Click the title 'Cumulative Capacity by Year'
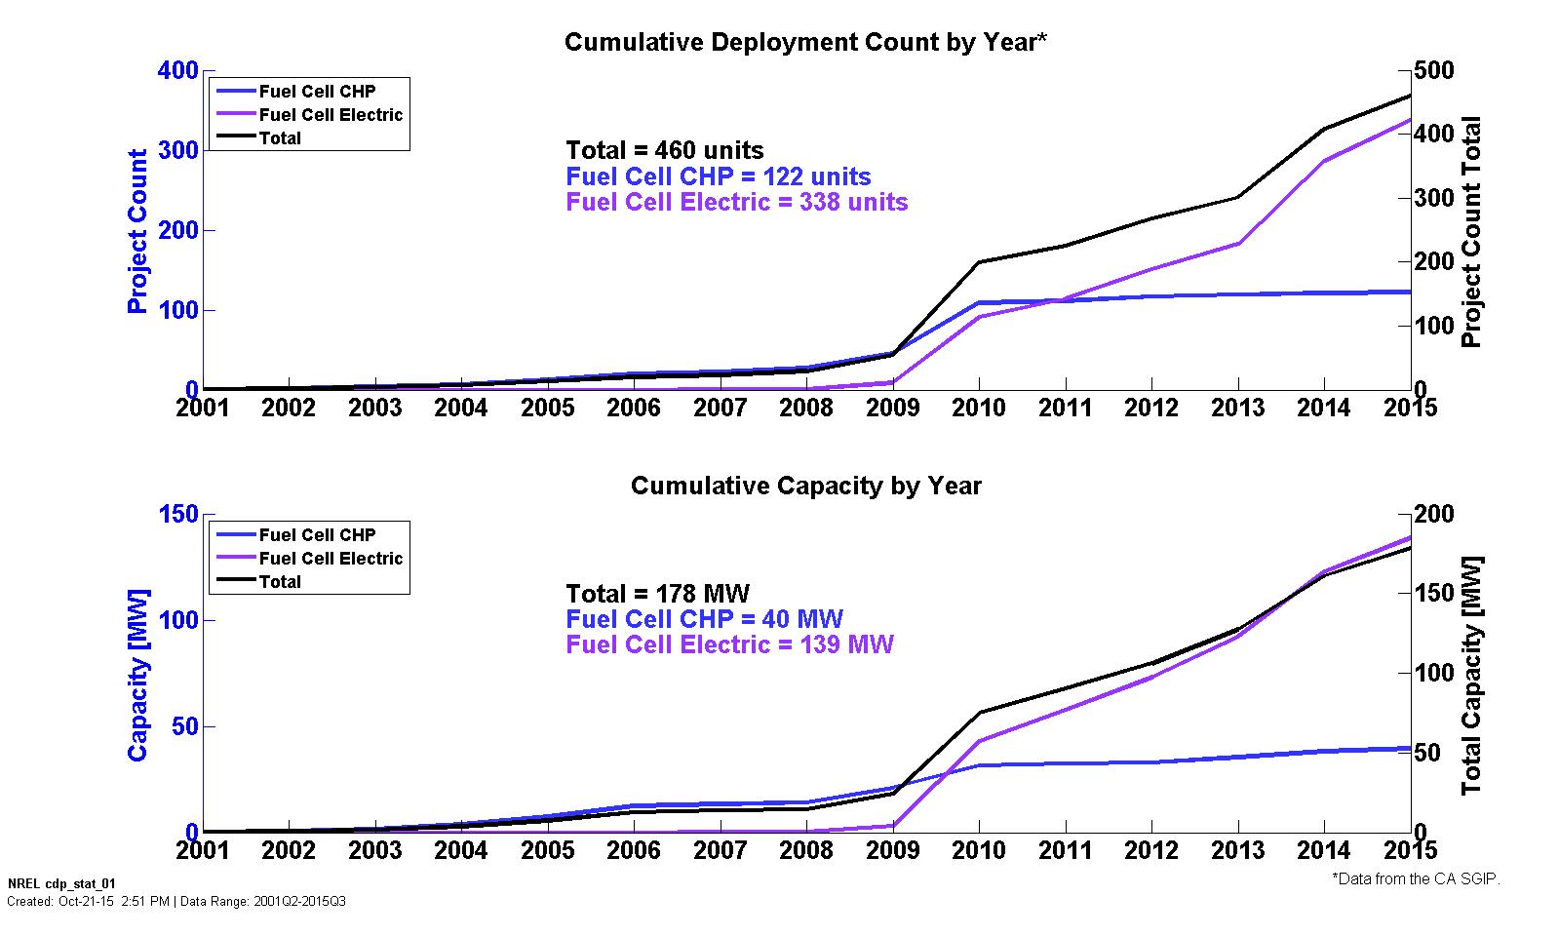tap(805, 486)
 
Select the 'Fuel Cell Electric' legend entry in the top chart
tap(331, 115)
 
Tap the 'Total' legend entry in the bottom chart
tap(280, 582)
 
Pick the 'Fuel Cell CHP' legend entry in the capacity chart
tap(317, 535)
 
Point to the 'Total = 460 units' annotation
tap(665, 150)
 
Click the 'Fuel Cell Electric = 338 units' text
tap(736, 202)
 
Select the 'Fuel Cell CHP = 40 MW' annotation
tap(704, 619)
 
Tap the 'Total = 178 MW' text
tap(658, 594)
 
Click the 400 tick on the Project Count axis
tap(177, 70)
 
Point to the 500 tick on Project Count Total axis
tap(1434, 70)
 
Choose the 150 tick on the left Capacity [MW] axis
tap(177, 514)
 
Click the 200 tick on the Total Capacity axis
tap(1434, 514)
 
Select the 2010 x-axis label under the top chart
tap(978, 408)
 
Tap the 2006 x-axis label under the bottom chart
tap(634, 850)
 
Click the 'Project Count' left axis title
tap(137, 231)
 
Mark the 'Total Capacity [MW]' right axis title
tap(1471, 675)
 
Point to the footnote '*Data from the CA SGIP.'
tap(1416, 878)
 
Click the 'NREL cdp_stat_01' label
tap(60, 884)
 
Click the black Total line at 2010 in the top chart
tap(978, 262)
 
